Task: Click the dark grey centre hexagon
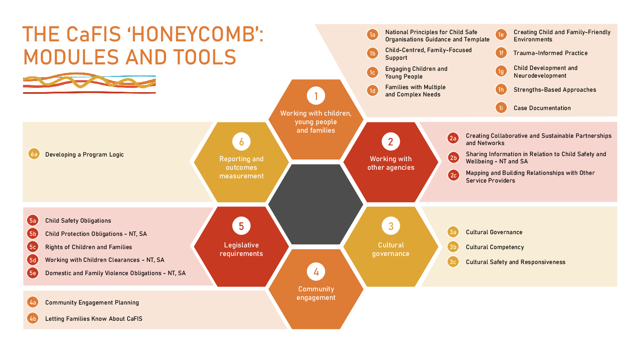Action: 316,205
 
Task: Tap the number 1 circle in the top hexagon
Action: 316,96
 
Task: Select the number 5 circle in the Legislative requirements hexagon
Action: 241,226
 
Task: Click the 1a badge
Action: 372,35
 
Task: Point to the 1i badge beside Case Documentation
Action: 501,108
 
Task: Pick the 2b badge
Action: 453,158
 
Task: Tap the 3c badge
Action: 453,262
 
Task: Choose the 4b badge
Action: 33,319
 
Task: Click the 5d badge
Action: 33,260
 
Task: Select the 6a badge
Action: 34,154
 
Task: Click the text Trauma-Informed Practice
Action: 550,53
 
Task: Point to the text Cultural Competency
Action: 495,247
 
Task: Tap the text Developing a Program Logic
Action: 84,154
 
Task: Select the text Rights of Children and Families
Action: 88,247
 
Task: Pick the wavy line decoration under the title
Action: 89,83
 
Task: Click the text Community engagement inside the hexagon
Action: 316,293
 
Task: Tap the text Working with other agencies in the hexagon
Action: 391,163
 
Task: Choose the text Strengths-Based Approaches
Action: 555,90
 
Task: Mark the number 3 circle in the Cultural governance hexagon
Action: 391,226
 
